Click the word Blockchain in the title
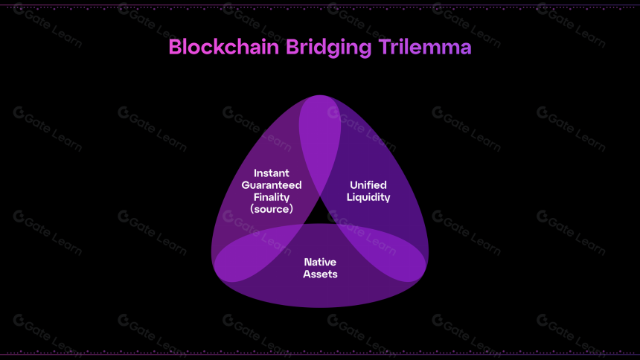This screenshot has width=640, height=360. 224,47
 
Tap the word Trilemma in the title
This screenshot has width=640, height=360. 425,47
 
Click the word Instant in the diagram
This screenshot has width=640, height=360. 272,173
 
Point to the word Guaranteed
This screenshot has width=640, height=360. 272,185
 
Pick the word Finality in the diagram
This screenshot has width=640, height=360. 272,198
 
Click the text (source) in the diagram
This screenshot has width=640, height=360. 272,209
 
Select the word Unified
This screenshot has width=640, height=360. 368,185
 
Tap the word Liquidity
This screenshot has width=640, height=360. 368,198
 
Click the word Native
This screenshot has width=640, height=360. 320,262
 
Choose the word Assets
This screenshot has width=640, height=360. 320,274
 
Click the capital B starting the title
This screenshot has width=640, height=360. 175,47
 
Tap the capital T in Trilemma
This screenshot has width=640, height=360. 385,47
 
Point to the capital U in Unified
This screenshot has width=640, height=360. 354,185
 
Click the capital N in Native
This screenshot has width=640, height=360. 308,262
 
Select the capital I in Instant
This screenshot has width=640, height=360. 255,173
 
